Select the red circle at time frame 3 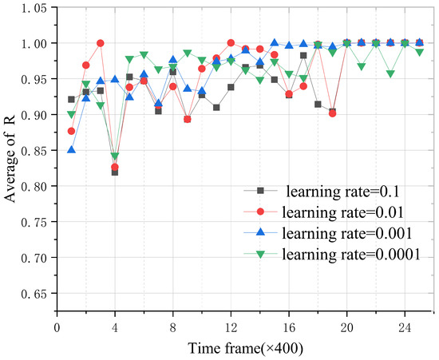(101, 43)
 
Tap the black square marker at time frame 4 (115, 172)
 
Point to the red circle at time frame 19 (332, 113)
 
